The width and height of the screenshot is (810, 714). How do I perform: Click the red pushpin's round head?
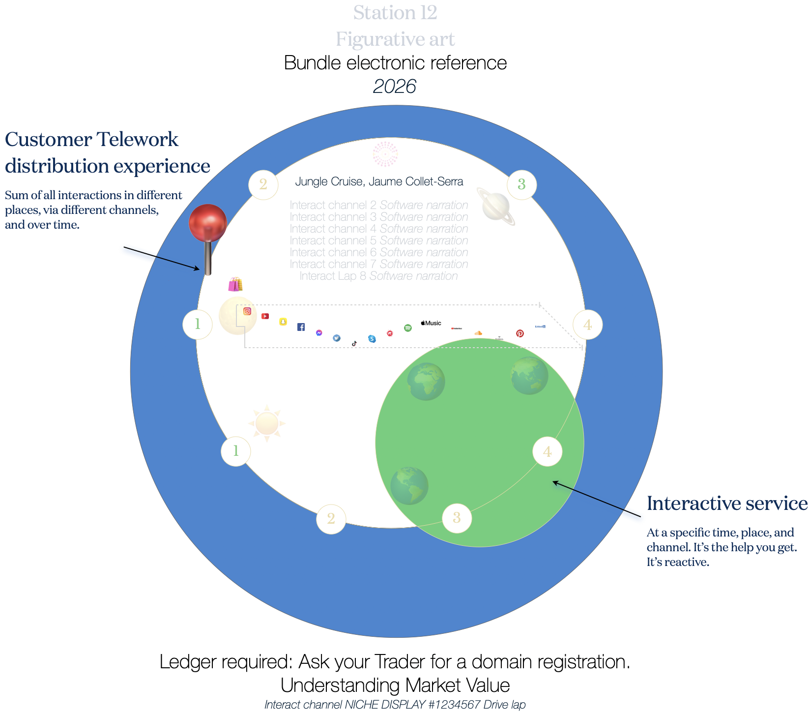point(208,223)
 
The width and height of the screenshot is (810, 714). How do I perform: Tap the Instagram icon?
point(247,311)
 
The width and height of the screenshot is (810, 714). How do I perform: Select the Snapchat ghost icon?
point(283,322)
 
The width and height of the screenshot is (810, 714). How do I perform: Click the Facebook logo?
point(301,327)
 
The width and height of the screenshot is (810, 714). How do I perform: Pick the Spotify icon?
point(408,328)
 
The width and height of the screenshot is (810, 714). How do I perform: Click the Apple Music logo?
point(431,323)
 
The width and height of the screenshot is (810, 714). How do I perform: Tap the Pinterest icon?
point(520,333)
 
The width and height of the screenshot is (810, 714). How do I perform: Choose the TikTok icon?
point(354,344)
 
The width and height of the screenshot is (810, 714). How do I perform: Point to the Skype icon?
point(372,339)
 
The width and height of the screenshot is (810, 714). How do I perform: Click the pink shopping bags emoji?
point(235,284)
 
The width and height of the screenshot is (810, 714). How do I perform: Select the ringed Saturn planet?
point(497,207)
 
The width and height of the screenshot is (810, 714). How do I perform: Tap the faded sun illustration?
point(267,423)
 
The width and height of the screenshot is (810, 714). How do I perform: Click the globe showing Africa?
point(426,382)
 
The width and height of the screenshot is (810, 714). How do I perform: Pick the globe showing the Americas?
point(409,486)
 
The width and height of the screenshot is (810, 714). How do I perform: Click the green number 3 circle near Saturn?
point(521,184)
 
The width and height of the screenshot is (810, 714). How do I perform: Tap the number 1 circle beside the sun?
point(236,451)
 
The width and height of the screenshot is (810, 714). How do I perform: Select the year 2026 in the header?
point(395,87)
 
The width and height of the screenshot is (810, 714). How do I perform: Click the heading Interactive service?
point(727,504)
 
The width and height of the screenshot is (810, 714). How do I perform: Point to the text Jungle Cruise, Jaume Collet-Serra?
point(379,181)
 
